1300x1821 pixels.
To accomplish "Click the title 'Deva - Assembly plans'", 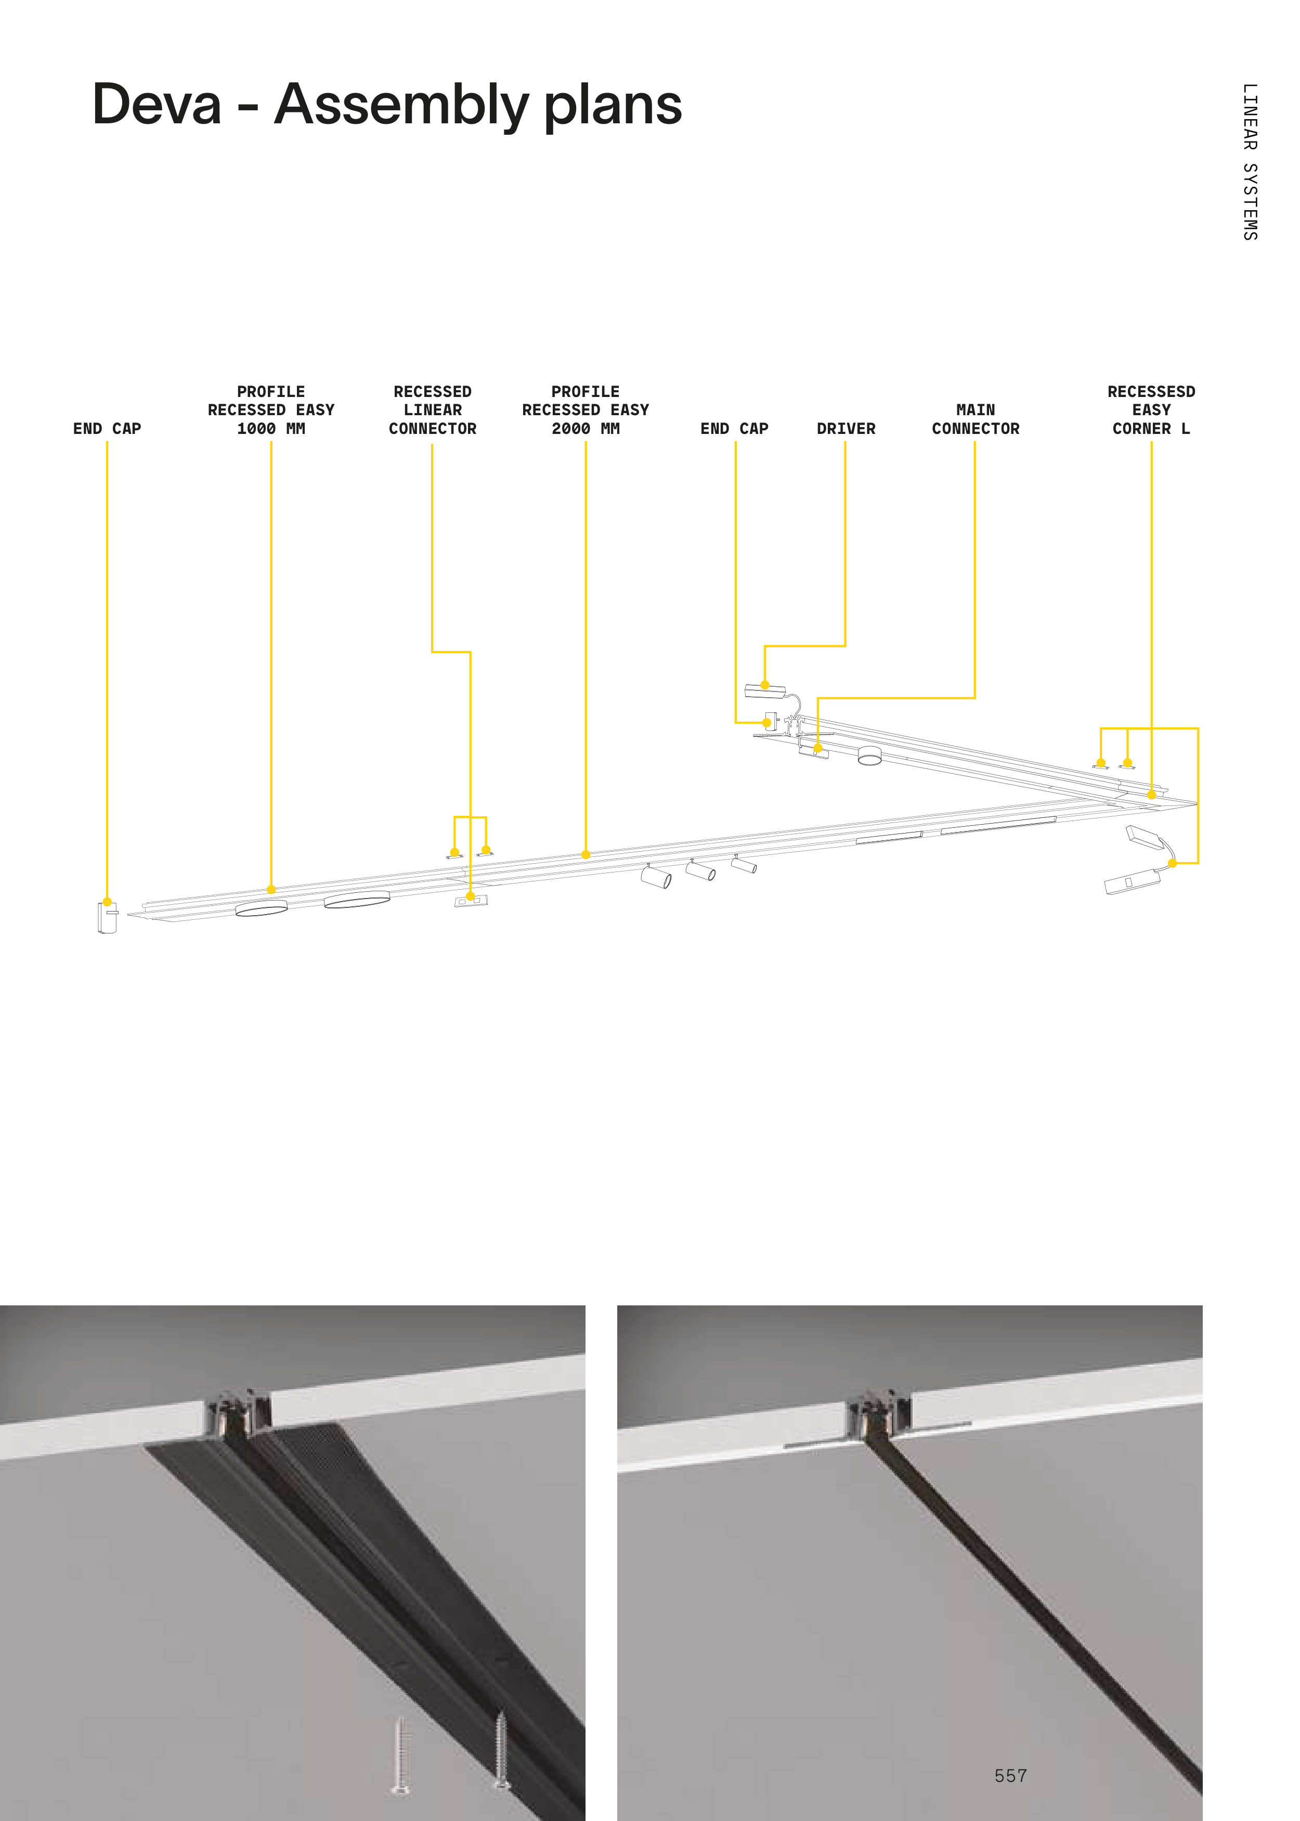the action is tap(387, 105).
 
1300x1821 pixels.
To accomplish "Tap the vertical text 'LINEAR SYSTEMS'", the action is tap(1250, 162).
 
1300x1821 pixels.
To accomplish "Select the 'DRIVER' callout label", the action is tap(846, 428).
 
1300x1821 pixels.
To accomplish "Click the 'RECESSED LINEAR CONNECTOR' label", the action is tap(432, 410).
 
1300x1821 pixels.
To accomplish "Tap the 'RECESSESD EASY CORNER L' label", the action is tap(1151, 410).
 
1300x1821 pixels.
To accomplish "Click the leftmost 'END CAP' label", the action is tap(107, 428).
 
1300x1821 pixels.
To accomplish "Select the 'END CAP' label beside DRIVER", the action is tap(734, 428).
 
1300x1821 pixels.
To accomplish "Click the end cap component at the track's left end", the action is tap(107, 917).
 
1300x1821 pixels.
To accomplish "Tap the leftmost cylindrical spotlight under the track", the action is tap(656, 877).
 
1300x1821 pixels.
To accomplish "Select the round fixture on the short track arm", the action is tap(869, 755).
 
